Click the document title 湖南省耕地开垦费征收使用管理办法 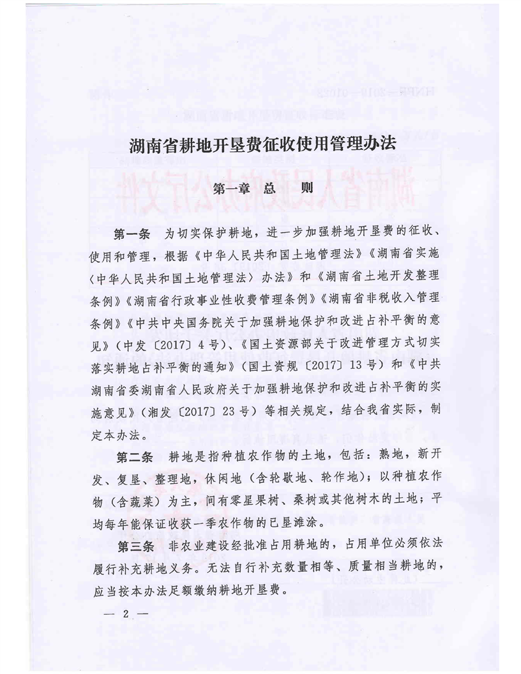coord(262,146)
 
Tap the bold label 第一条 coord(132,231)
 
